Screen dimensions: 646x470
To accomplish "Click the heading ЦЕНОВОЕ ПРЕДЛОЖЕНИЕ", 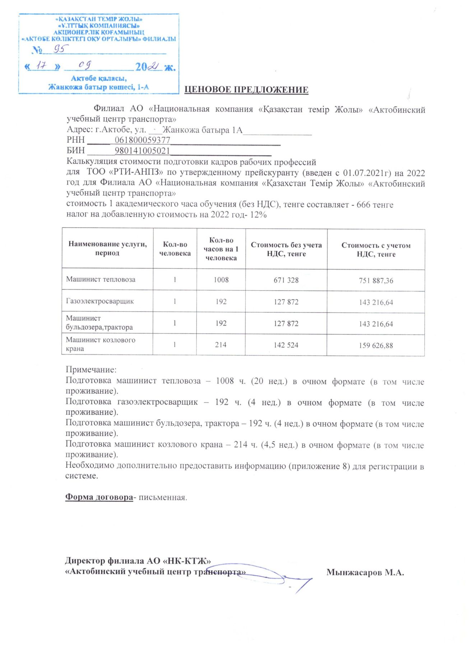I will point(246,90).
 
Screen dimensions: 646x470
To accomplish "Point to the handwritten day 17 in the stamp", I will point(42,66).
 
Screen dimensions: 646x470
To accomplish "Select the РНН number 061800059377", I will point(143,140).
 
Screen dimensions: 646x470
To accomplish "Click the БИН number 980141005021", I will point(142,150).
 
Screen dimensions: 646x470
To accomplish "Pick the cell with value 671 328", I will point(286,280).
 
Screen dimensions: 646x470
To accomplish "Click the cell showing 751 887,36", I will point(376,281).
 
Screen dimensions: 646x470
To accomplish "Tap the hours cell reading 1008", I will point(221,280).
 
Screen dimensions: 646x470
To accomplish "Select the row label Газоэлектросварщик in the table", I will point(100,301).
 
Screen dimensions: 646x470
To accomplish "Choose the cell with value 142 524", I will point(286,345).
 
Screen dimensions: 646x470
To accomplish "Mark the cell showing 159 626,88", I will point(376,346).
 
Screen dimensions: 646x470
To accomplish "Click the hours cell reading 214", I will point(221,345).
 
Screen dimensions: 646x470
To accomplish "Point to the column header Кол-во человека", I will point(175,249).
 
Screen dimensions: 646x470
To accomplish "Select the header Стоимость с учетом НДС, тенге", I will point(376,249).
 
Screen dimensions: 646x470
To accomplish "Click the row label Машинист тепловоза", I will point(101,280).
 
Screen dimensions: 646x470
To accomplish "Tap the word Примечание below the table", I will point(91,370).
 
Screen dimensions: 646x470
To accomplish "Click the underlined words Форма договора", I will point(99,497).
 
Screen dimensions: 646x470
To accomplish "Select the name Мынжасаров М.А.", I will point(365,572).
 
